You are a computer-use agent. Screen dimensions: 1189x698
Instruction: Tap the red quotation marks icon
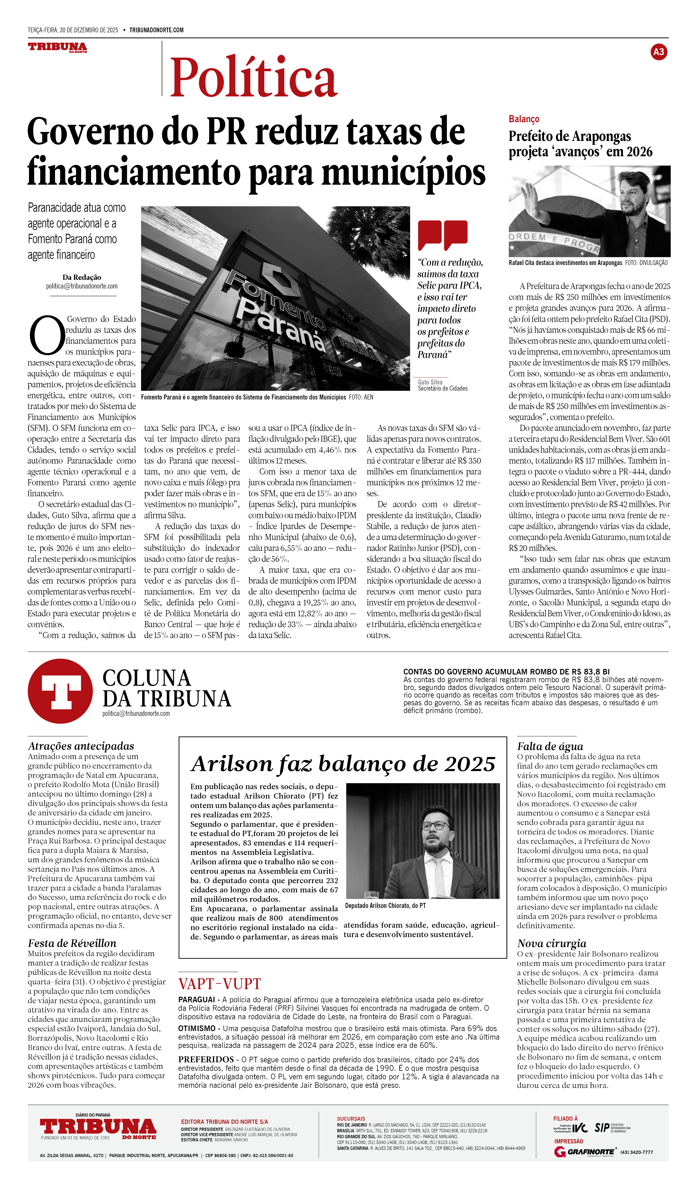click(442, 235)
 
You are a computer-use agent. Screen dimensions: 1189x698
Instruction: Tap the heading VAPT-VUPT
click(219, 984)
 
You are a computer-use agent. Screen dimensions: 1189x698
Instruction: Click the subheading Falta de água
click(550, 746)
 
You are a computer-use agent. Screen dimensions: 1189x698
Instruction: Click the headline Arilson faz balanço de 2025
click(343, 764)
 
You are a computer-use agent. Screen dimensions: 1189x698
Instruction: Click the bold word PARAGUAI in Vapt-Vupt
click(196, 999)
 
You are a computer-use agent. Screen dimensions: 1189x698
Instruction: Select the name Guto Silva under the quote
click(430, 382)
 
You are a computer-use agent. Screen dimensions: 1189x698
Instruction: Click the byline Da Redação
click(82, 277)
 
